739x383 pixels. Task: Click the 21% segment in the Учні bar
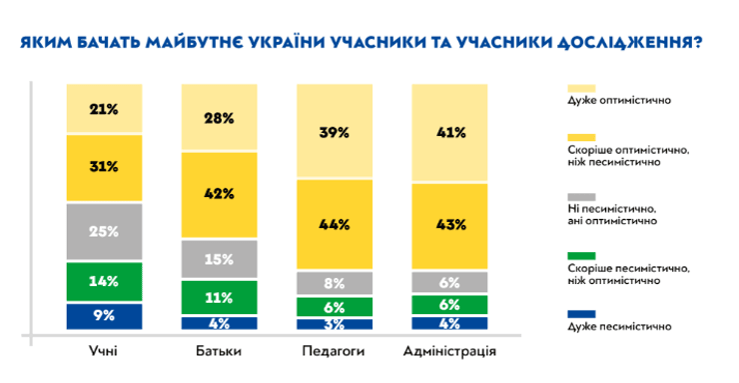105,108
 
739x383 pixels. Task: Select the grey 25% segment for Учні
105,231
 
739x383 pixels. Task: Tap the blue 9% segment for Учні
105,316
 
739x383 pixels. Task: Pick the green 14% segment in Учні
105,281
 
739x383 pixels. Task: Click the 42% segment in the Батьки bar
219,193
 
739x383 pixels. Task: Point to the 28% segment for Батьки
219,118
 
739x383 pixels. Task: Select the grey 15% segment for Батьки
219,259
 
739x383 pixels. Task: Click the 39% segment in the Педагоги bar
335,131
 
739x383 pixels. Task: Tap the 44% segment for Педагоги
335,224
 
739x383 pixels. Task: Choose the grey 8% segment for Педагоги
335,283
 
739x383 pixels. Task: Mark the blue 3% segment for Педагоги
335,324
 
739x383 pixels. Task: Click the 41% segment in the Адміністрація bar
450,133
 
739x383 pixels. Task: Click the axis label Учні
105,352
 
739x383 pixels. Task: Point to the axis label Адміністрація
450,352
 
